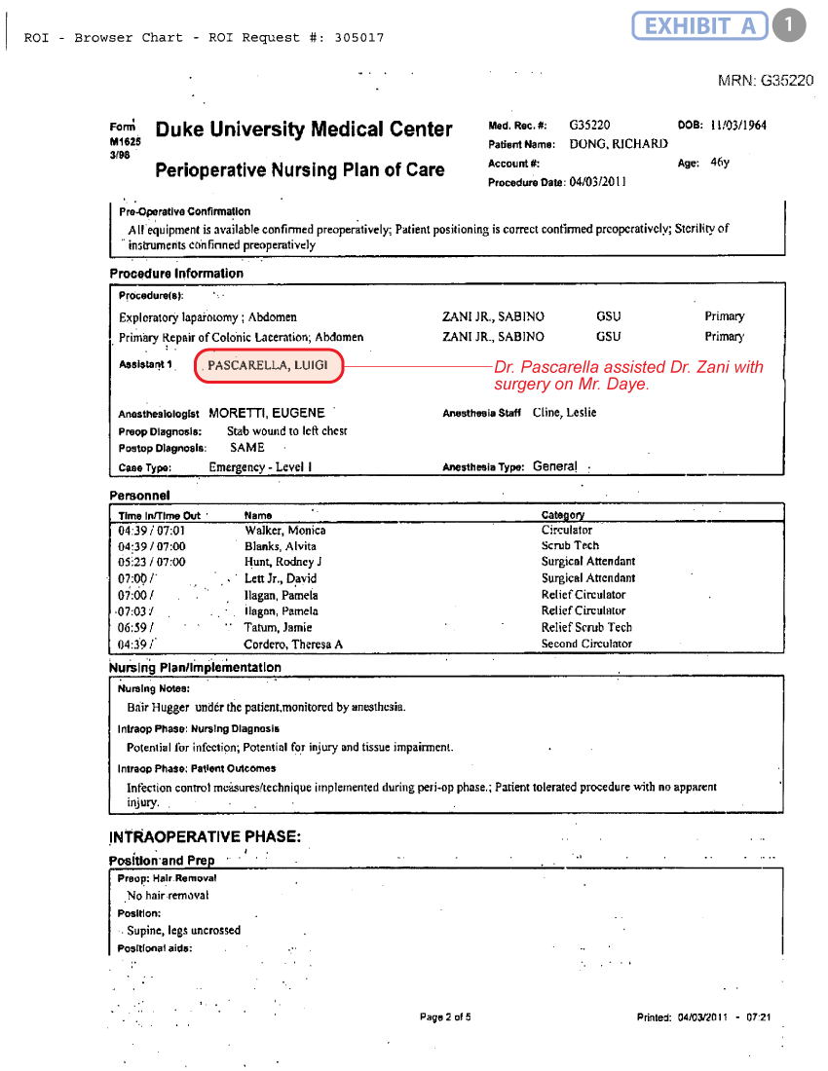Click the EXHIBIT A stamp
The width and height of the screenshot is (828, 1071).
point(699,25)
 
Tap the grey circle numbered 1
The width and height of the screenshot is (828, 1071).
point(789,25)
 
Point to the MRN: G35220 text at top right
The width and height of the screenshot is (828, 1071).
point(765,81)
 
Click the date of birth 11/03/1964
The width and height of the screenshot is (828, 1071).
point(738,126)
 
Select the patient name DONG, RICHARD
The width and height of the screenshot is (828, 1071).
point(619,144)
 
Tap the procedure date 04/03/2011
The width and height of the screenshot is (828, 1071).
point(598,181)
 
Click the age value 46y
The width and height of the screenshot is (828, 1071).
point(720,163)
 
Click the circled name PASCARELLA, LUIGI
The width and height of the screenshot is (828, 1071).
point(269,365)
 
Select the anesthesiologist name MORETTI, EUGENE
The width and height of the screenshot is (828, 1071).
point(266,413)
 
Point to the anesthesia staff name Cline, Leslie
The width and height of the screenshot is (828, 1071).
point(565,413)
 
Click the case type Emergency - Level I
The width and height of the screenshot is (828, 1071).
point(260,467)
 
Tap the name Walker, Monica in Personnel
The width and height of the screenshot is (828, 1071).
point(284,531)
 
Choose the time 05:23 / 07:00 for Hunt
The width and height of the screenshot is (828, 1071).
point(151,562)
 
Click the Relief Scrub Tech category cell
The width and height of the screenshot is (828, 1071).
point(586,627)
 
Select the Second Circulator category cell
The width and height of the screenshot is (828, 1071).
point(586,644)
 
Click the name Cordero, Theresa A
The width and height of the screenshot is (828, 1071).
point(293,645)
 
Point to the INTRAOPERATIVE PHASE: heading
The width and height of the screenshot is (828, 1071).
point(205,837)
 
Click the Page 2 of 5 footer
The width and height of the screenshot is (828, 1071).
point(445,1017)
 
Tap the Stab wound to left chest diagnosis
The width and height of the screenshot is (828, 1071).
point(286,430)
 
